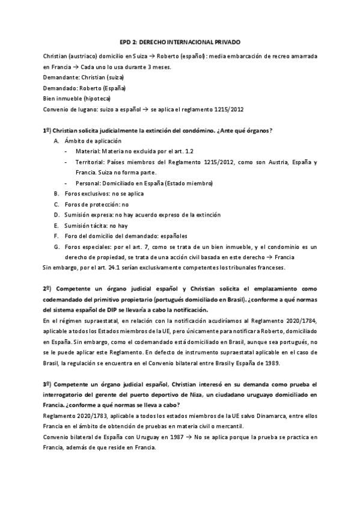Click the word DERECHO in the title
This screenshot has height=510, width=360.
[x=166, y=43]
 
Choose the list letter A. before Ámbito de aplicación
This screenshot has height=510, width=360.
[x=56, y=140]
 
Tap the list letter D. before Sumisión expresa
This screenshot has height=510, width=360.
[x=56, y=215]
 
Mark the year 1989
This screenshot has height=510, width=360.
[x=285, y=363]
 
